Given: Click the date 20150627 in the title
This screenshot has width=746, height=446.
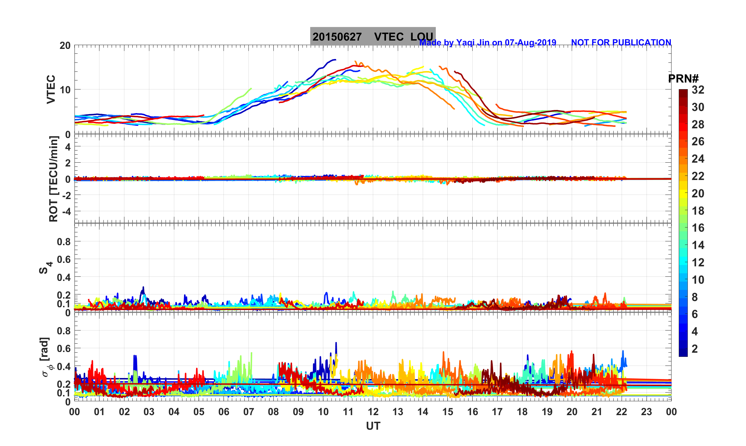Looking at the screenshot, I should tap(337, 37).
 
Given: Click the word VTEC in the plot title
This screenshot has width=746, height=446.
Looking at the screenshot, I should tap(389, 37).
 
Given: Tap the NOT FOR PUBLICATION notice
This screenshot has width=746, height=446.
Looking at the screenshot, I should tap(621, 42).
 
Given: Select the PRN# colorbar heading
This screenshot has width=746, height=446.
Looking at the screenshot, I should tap(683, 79).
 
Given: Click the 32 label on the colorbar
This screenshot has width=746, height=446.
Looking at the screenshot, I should tap(698, 90).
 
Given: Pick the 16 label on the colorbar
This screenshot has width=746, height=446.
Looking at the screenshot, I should tap(698, 228).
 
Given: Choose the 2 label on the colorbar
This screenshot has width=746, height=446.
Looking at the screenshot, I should tap(695, 349).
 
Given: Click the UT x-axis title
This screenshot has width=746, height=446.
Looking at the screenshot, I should tap(373, 426).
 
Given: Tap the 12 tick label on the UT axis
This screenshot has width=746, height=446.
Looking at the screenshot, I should tap(373, 412).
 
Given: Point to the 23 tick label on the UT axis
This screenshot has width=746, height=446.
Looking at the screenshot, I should tap(647, 412).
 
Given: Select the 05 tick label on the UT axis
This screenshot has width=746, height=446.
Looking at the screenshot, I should tap(199, 412).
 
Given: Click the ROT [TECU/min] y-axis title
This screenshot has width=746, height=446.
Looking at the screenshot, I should tap(53, 179).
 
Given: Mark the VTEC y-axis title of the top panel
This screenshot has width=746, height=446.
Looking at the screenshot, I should tap(51, 89).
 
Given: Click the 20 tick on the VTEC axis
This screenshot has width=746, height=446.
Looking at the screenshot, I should tap(65, 45).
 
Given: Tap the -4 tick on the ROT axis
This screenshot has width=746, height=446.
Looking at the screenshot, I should tap(65, 211).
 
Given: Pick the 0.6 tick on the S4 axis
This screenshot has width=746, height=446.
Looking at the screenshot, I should tap(64, 259).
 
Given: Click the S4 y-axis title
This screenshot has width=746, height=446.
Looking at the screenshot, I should tap(45, 267).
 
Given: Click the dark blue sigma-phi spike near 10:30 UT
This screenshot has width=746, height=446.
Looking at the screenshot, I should tap(336, 343).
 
